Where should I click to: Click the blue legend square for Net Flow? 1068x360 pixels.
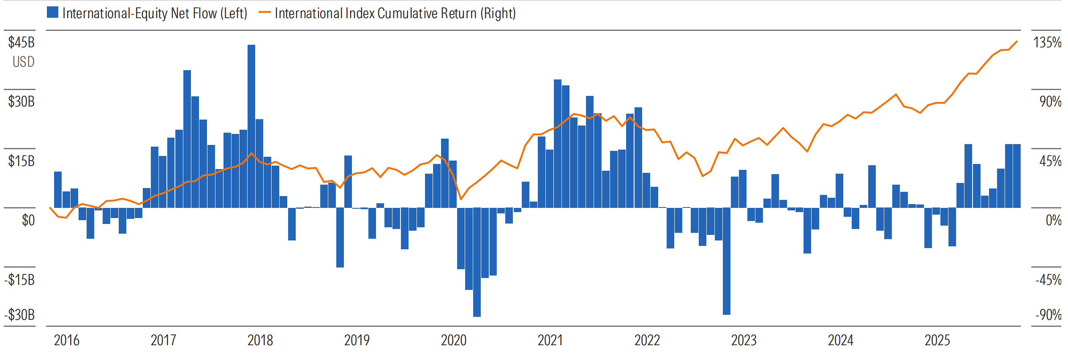[52, 13]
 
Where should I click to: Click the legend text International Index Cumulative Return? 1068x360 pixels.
[395, 14]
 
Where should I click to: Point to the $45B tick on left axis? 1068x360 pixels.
[22, 42]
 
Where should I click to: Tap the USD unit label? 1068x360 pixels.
[23, 62]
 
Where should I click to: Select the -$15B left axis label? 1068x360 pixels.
[19, 280]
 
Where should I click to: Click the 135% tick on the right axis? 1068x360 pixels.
[1047, 42]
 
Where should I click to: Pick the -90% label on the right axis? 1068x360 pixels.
[1048, 315]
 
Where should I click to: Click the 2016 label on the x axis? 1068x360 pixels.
[66, 340]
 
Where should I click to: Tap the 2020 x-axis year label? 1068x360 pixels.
[453, 340]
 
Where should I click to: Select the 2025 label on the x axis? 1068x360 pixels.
[937, 340]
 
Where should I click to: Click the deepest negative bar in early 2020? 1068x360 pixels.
[477, 262]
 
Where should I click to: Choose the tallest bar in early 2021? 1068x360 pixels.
[558, 144]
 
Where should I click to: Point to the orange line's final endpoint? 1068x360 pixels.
[1017, 41]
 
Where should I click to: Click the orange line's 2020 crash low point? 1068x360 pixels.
[461, 199]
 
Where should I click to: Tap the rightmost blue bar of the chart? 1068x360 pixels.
[1016, 176]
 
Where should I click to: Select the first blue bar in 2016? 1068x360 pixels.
[58, 190]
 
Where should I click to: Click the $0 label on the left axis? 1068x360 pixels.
[28, 220]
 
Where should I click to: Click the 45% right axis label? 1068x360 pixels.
[1050, 161]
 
